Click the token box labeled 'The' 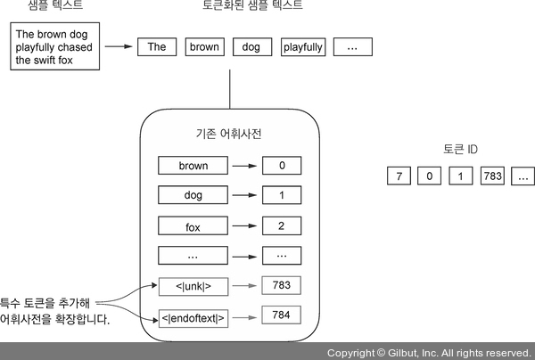[157, 47]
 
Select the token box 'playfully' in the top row [302, 47]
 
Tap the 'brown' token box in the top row [205, 47]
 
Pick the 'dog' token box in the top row [251, 47]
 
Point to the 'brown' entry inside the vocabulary [193, 165]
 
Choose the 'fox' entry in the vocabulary [193, 226]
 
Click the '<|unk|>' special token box [193, 286]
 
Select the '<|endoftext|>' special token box [193, 317]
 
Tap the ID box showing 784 [282, 315]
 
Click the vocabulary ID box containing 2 [282, 225]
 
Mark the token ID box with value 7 [398, 176]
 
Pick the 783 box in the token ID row [492, 176]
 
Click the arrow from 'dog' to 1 [245, 195]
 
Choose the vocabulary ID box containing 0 [282, 165]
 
